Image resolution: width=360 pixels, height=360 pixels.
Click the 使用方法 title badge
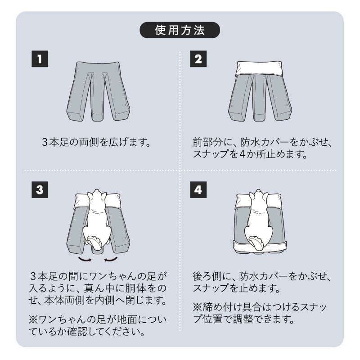(180, 30)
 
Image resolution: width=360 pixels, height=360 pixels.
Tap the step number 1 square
(40, 59)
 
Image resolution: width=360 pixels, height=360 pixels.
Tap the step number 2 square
(198, 59)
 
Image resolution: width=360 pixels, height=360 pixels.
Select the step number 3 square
(40, 190)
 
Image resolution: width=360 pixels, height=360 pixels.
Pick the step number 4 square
(198, 190)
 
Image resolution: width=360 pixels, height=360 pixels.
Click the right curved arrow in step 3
(111, 260)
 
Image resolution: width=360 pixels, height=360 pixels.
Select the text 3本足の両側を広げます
(95, 143)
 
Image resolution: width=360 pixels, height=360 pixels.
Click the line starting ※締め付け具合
(260, 307)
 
